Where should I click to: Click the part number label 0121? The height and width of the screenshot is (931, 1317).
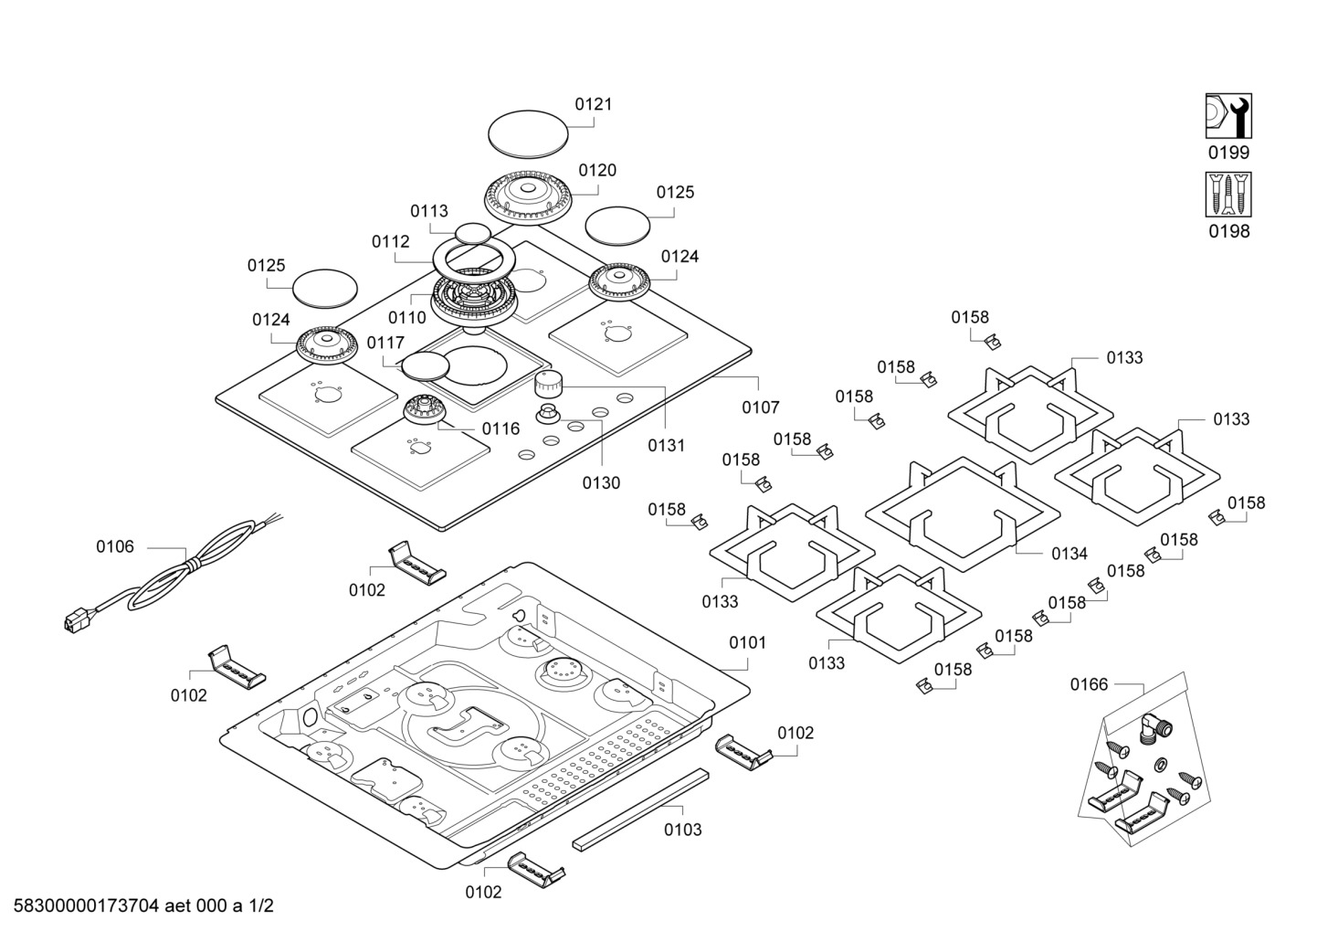(x=593, y=104)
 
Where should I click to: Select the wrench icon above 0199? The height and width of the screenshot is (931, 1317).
(x=1228, y=116)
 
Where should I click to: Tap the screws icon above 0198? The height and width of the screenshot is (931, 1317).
(x=1228, y=195)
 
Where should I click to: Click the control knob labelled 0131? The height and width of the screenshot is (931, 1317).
(x=550, y=384)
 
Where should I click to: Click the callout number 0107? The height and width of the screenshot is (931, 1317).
(x=760, y=407)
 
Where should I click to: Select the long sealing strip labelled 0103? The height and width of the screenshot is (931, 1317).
(x=639, y=809)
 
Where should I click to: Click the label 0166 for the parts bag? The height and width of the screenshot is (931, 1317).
(x=1089, y=684)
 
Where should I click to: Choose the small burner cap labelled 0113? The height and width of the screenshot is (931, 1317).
(x=473, y=233)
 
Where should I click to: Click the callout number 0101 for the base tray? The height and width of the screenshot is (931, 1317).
(x=747, y=642)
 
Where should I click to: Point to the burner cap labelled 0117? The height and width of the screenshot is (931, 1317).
(x=426, y=365)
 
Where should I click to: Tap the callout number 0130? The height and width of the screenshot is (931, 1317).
(x=601, y=482)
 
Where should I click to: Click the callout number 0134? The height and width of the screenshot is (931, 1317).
(x=1069, y=554)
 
